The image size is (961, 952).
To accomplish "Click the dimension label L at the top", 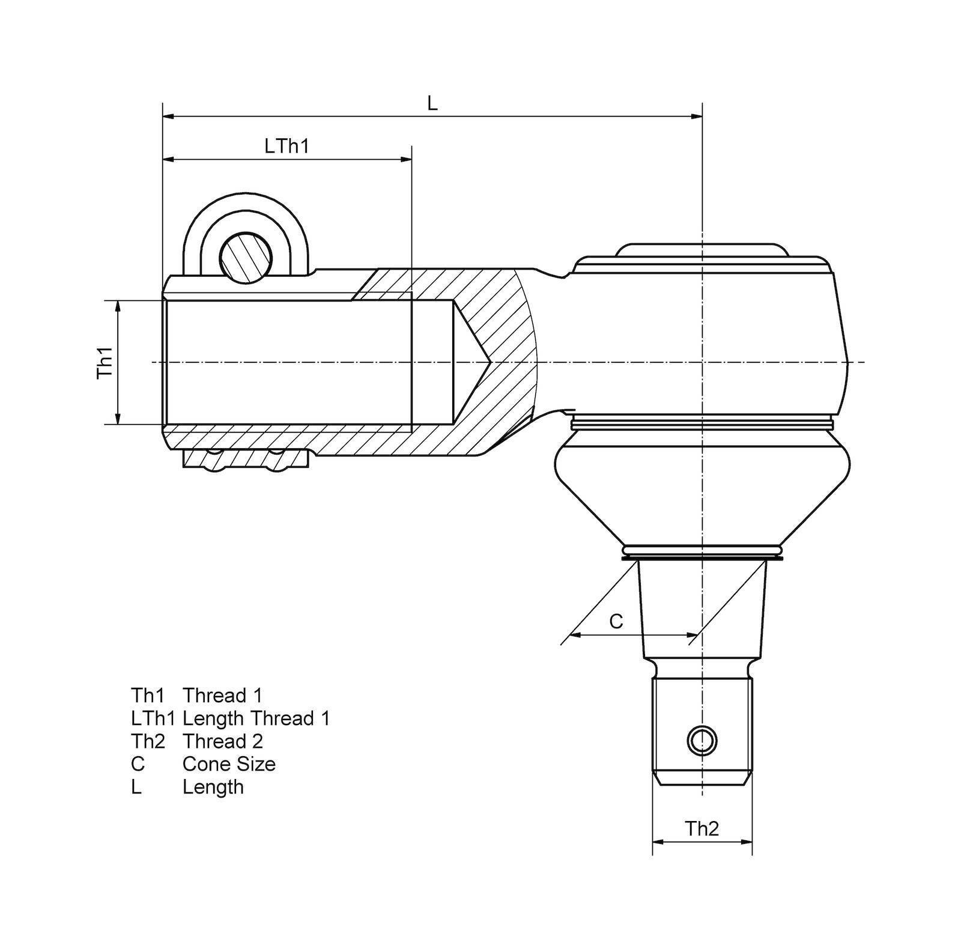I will (432, 103).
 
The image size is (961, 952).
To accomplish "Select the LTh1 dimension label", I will (286, 146).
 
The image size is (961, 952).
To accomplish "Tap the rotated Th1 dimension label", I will (106, 362).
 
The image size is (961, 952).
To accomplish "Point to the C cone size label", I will (616, 621).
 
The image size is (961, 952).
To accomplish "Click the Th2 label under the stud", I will (702, 829).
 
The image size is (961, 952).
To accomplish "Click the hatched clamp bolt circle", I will (245, 256).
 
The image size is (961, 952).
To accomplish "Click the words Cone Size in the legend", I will (229, 764).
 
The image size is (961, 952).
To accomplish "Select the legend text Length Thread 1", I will (256, 718).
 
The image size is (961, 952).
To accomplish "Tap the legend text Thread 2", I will (223, 741).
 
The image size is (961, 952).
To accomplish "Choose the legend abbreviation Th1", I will (147, 696).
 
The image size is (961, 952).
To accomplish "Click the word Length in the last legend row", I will (213, 787).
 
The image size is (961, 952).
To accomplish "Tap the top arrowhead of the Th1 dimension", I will (118, 306).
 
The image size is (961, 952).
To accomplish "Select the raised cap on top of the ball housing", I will (702, 249).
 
